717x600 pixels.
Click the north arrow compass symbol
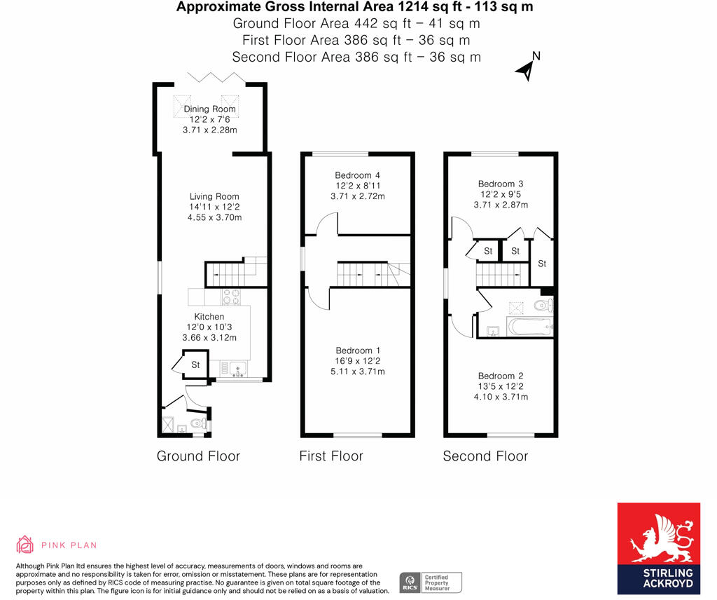(526, 68)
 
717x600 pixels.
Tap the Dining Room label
(209, 109)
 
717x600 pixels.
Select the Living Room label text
(214, 197)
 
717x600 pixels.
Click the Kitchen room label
(209, 317)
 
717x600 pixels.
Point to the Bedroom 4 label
(357, 175)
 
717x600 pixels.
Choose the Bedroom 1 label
(358, 350)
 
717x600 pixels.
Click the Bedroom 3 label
(501, 184)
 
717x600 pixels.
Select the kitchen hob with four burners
(232, 296)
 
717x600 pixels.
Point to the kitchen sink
(233, 367)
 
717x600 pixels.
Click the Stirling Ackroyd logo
(658, 548)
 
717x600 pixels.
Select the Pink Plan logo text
(69, 545)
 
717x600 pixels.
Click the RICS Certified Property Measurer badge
(431, 582)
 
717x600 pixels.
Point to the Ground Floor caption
(198, 456)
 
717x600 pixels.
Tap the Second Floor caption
(485, 456)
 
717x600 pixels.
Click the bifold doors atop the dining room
(215, 77)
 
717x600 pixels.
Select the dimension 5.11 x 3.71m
(358, 371)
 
